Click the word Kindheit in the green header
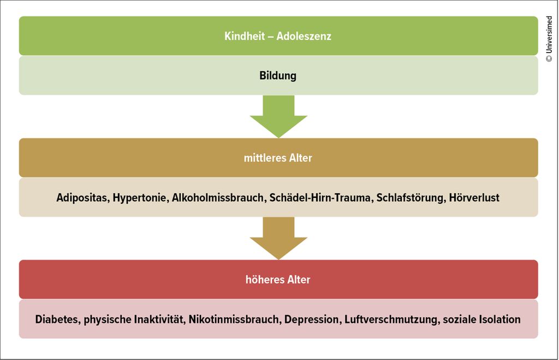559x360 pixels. [x=245, y=36]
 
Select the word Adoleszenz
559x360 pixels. [x=304, y=36]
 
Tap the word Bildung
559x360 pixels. [x=278, y=75]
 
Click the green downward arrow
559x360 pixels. [x=278, y=116]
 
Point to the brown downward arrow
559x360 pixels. [x=278, y=238]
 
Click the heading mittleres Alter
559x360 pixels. [x=278, y=158]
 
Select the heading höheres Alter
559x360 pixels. [x=278, y=279]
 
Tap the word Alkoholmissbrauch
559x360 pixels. [x=218, y=197]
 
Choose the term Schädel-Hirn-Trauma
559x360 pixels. [x=320, y=197]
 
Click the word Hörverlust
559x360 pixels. [x=474, y=197]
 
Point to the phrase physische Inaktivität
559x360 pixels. [x=134, y=320]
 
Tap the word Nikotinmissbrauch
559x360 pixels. [x=234, y=319]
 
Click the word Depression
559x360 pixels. [x=312, y=320]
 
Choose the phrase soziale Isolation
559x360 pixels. [x=481, y=319]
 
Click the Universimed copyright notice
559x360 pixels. [x=549, y=39]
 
